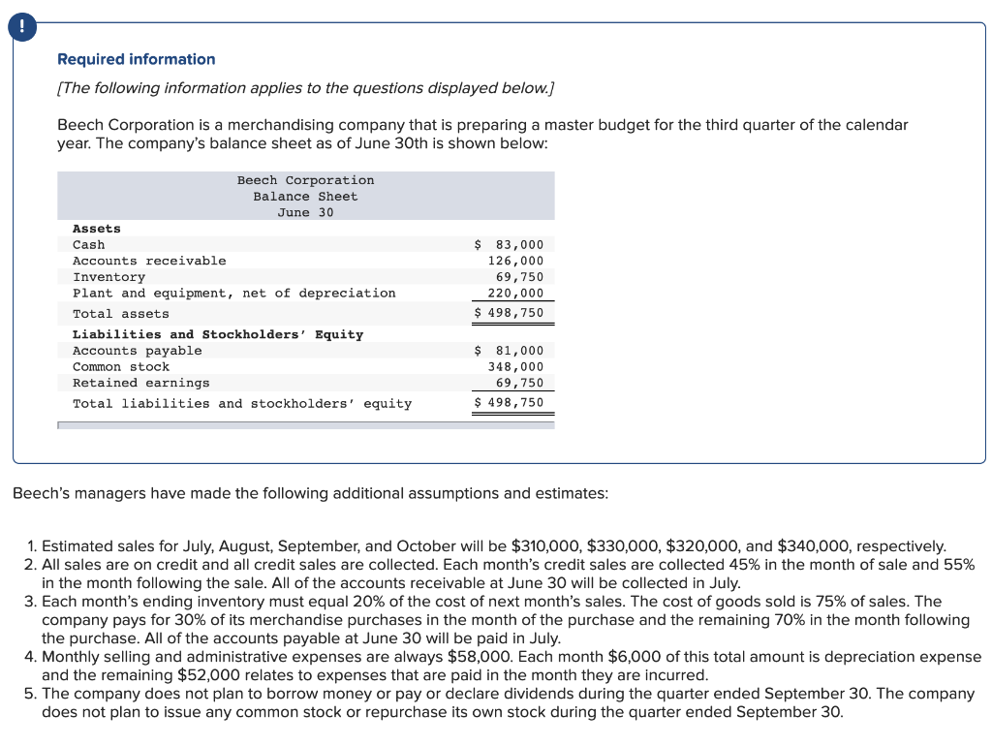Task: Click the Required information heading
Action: (x=137, y=59)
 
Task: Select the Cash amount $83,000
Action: (x=510, y=245)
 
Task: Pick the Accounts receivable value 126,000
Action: (x=515, y=261)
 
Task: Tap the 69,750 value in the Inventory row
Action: (x=519, y=277)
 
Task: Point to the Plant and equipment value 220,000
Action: (x=515, y=293)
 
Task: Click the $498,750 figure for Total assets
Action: (x=510, y=313)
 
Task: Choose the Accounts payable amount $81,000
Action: (x=510, y=351)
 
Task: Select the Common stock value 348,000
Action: (x=515, y=367)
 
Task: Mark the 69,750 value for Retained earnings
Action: (x=519, y=383)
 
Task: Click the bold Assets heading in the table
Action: (x=97, y=229)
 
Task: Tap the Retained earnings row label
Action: (x=141, y=383)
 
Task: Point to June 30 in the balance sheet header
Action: (x=305, y=212)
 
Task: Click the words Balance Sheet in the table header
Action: (x=305, y=197)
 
